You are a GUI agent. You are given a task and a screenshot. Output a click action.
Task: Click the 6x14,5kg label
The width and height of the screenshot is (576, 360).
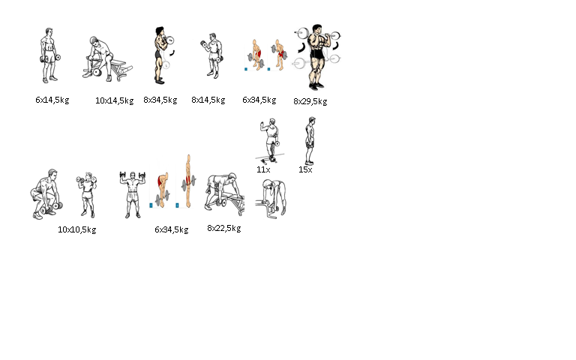(52, 100)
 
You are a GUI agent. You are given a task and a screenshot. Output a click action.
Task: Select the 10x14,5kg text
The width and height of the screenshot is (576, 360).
(114, 100)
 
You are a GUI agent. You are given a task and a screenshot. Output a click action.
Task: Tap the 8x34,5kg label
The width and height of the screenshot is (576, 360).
(160, 100)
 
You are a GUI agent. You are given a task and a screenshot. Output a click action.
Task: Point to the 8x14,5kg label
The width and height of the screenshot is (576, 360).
(208, 100)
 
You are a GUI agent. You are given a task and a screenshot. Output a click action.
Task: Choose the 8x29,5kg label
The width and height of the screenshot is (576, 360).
(310, 101)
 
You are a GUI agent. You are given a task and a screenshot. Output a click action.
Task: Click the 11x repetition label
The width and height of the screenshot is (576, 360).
(263, 169)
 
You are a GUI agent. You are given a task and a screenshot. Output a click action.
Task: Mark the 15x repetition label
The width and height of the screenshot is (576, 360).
(305, 169)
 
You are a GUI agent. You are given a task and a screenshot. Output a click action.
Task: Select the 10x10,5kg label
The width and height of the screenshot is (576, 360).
(76, 229)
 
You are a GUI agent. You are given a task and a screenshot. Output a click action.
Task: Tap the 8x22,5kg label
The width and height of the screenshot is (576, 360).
(224, 228)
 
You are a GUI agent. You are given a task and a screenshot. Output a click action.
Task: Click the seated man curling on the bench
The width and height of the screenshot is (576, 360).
(106, 58)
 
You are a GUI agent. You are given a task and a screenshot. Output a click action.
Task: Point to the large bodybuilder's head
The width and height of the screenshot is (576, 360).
(316, 29)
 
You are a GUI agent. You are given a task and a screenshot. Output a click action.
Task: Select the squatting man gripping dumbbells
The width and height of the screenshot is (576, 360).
(46, 194)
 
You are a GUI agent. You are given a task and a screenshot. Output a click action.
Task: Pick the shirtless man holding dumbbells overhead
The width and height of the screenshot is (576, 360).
(132, 195)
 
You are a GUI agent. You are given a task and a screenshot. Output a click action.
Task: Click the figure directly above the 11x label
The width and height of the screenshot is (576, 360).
(270, 141)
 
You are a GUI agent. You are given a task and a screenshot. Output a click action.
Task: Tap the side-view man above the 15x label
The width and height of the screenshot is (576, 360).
(310, 141)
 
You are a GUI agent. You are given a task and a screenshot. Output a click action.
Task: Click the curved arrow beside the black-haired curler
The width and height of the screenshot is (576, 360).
(172, 53)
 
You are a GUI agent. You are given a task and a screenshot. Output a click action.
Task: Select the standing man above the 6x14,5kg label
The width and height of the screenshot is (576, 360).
(49, 55)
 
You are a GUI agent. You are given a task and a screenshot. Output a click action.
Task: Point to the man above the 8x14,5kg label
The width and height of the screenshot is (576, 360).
(212, 55)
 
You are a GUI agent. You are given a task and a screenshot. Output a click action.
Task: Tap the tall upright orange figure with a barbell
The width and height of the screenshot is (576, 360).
(188, 181)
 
